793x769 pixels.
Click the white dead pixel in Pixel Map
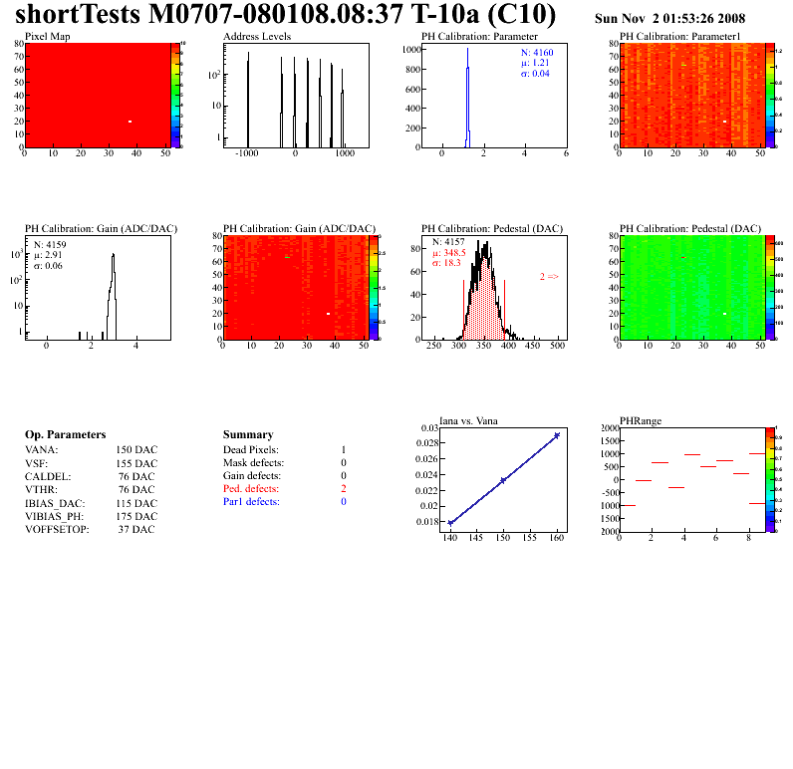pos(130,122)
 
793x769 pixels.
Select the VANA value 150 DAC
pos(136,450)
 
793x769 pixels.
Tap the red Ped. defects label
pos(251,489)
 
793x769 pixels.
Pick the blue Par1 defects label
pos(251,502)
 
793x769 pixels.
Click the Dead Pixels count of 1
pos(343,450)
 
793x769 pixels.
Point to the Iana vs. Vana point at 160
pos(556,435)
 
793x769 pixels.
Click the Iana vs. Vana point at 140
pos(450,522)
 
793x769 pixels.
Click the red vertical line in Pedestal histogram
pos(505,304)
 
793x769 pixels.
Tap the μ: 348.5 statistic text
pos(449,253)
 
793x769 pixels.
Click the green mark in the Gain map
pos(287,258)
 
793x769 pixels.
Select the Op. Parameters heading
pos(65,435)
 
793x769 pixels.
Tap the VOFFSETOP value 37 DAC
pos(136,529)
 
